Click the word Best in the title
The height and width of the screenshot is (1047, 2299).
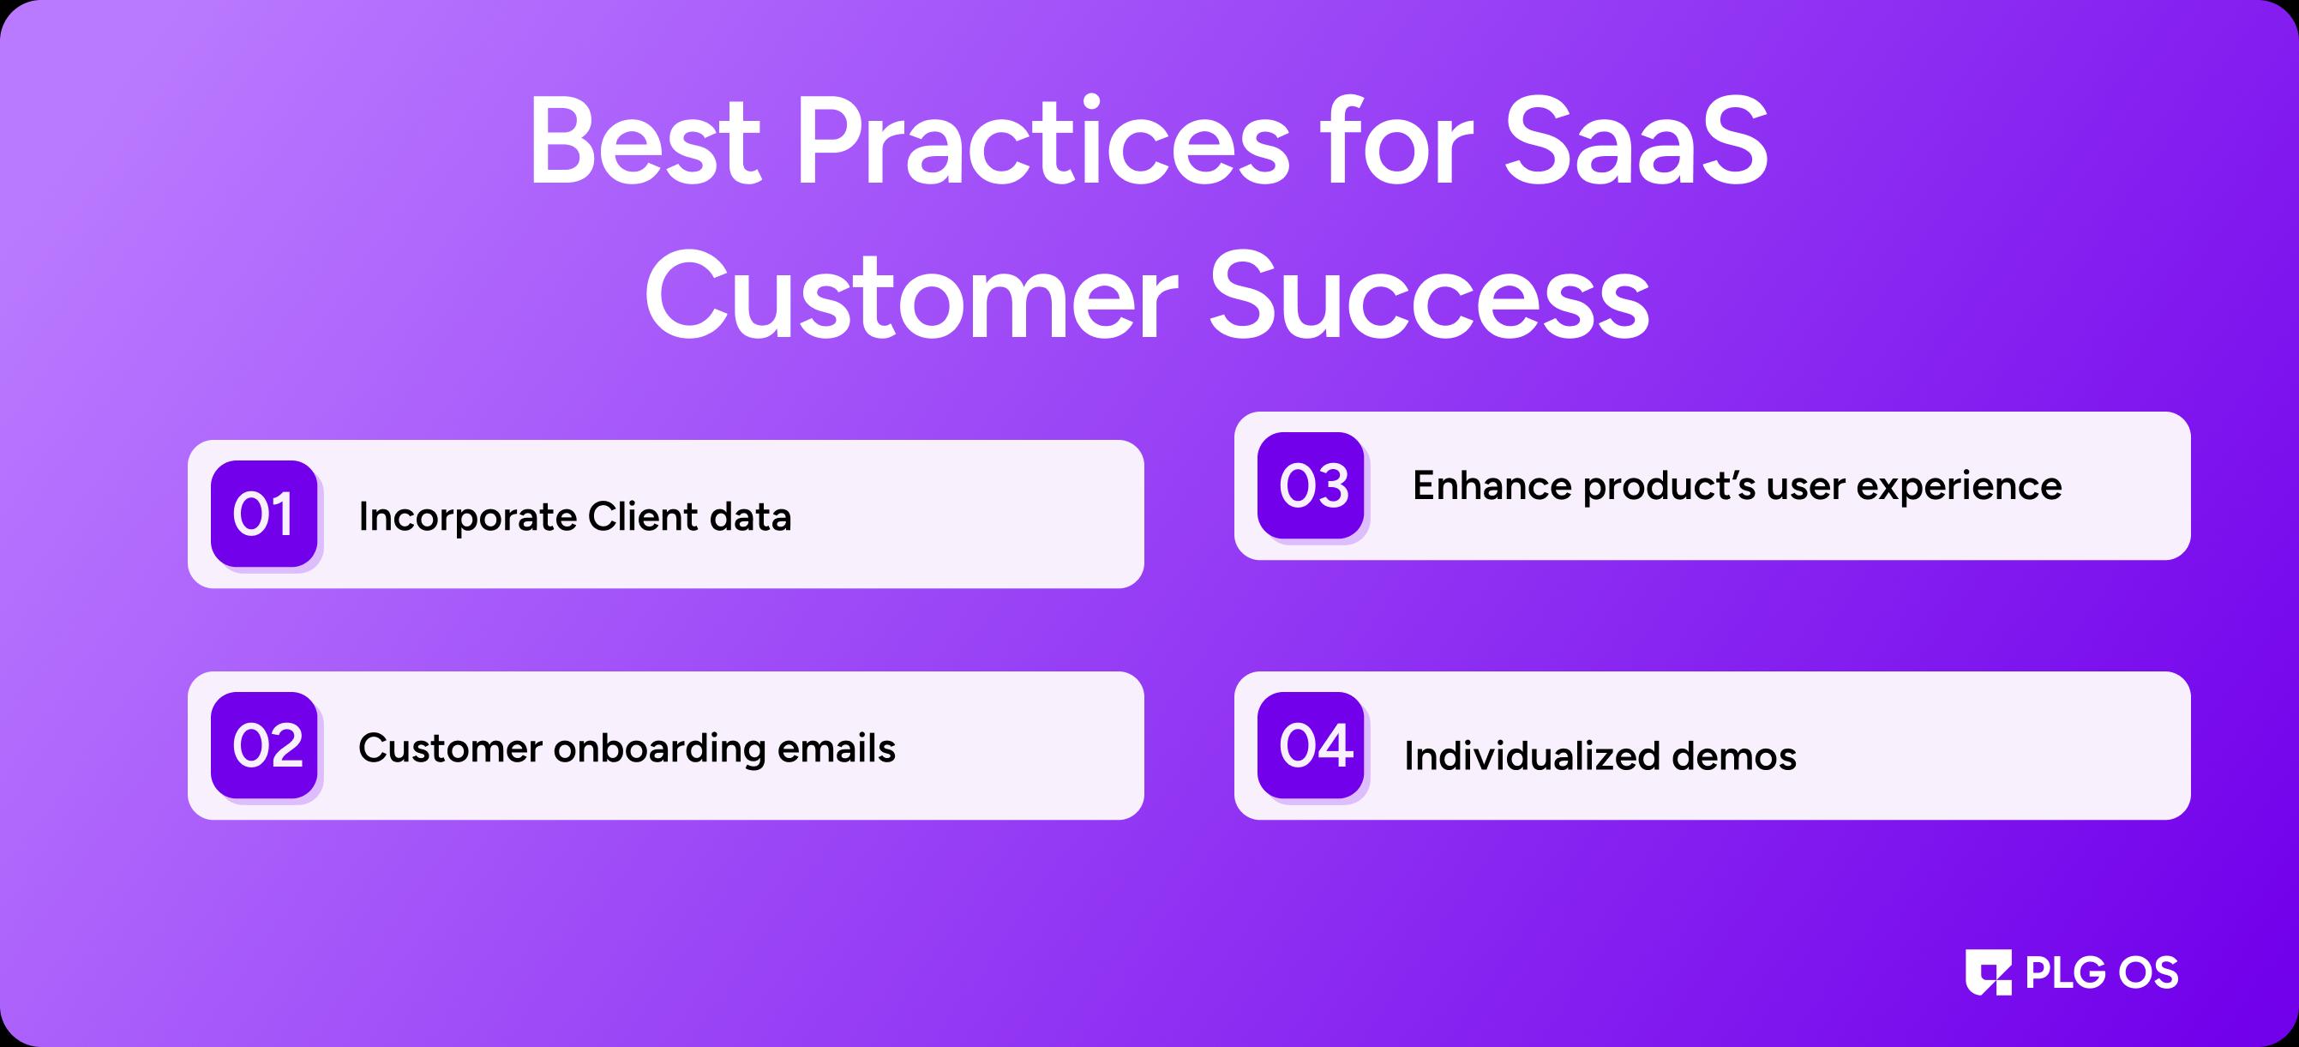[x=645, y=143]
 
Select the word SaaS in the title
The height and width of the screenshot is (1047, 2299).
[x=1636, y=143]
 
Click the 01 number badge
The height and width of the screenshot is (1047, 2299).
[x=264, y=514]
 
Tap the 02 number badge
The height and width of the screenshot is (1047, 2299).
[x=264, y=744]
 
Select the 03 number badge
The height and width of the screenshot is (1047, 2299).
[x=1310, y=485]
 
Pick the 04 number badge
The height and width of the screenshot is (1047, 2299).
[x=1310, y=744]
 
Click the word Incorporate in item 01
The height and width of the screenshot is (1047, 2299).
[x=468, y=517]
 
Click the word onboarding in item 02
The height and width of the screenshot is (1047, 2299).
[x=659, y=749]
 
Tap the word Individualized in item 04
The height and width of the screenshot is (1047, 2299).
[x=1531, y=756]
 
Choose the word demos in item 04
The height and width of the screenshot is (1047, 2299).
[x=1733, y=756]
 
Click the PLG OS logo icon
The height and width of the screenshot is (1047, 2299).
[x=1989, y=972]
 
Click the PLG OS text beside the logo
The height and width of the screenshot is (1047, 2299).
[x=2102, y=972]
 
